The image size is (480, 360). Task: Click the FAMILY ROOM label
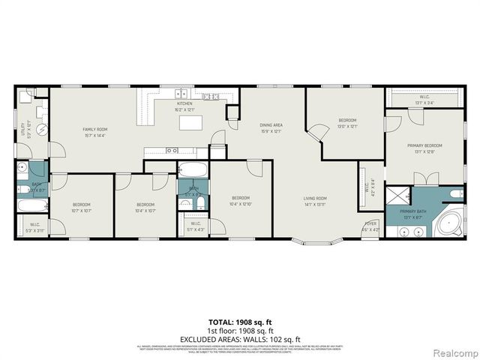point(94,132)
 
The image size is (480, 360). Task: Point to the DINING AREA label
point(270,127)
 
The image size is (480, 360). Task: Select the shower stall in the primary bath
point(398,195)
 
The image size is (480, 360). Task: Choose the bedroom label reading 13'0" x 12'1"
point(346,122)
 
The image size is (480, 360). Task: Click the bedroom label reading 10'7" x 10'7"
point(81,206)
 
